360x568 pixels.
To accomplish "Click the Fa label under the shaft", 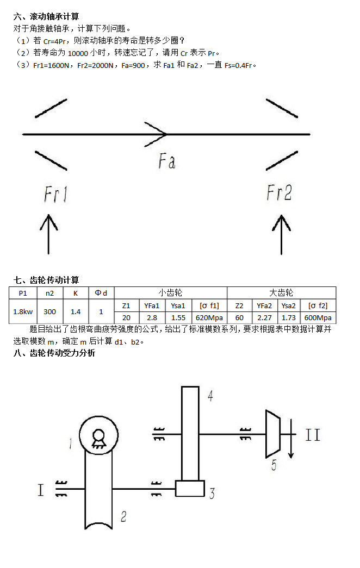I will (x=167, y=161).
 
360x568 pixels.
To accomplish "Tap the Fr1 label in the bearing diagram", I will (x=55, y=194).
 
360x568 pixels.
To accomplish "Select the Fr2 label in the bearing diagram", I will (x=280, y=192).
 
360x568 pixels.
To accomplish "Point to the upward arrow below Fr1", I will (x=49, y=234).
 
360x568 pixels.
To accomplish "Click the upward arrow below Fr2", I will (x=281, y=234).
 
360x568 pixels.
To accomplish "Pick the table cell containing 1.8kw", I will (x=23, y=311).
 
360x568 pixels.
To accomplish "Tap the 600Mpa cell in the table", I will (x=318, y=317).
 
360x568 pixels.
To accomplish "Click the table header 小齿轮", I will (x=170, y=293).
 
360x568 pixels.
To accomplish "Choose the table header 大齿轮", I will (x=281, y=293).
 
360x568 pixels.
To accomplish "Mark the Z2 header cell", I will (x=239, y=305).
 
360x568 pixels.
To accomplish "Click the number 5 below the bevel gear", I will (x=274, y=465).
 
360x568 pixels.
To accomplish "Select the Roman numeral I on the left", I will (x=41, y=490).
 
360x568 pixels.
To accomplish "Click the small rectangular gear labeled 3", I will (x=190, y=488).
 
